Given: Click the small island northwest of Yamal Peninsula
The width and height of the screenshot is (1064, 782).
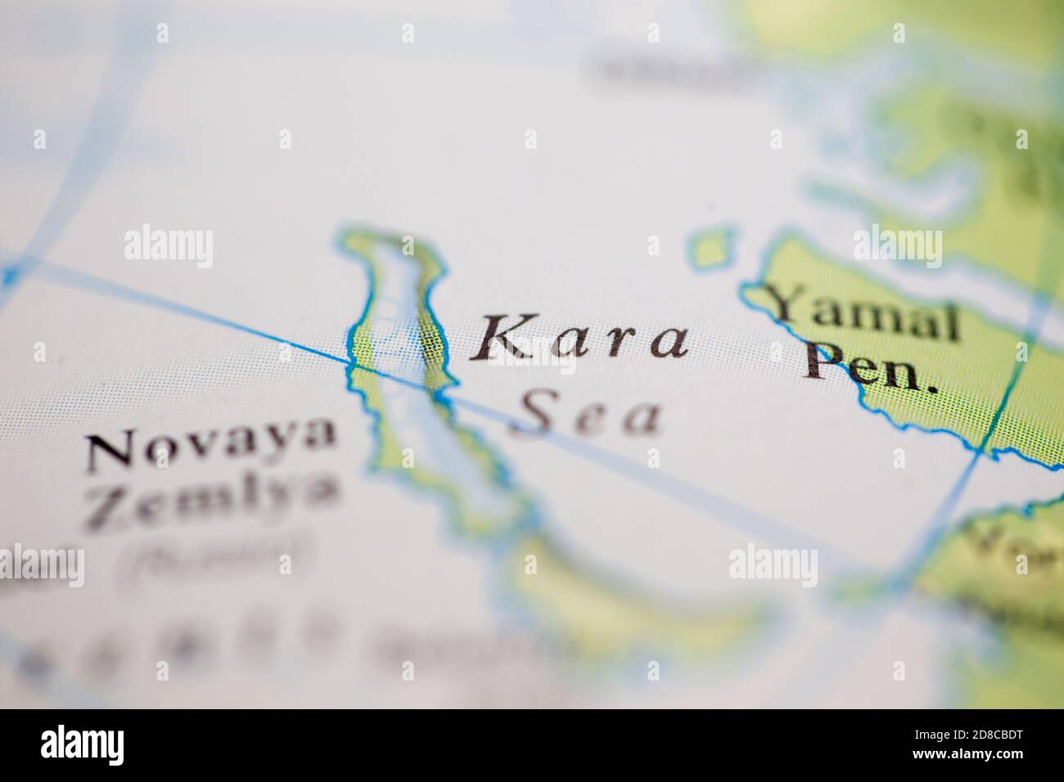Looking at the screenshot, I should click(x=710, y=247).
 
